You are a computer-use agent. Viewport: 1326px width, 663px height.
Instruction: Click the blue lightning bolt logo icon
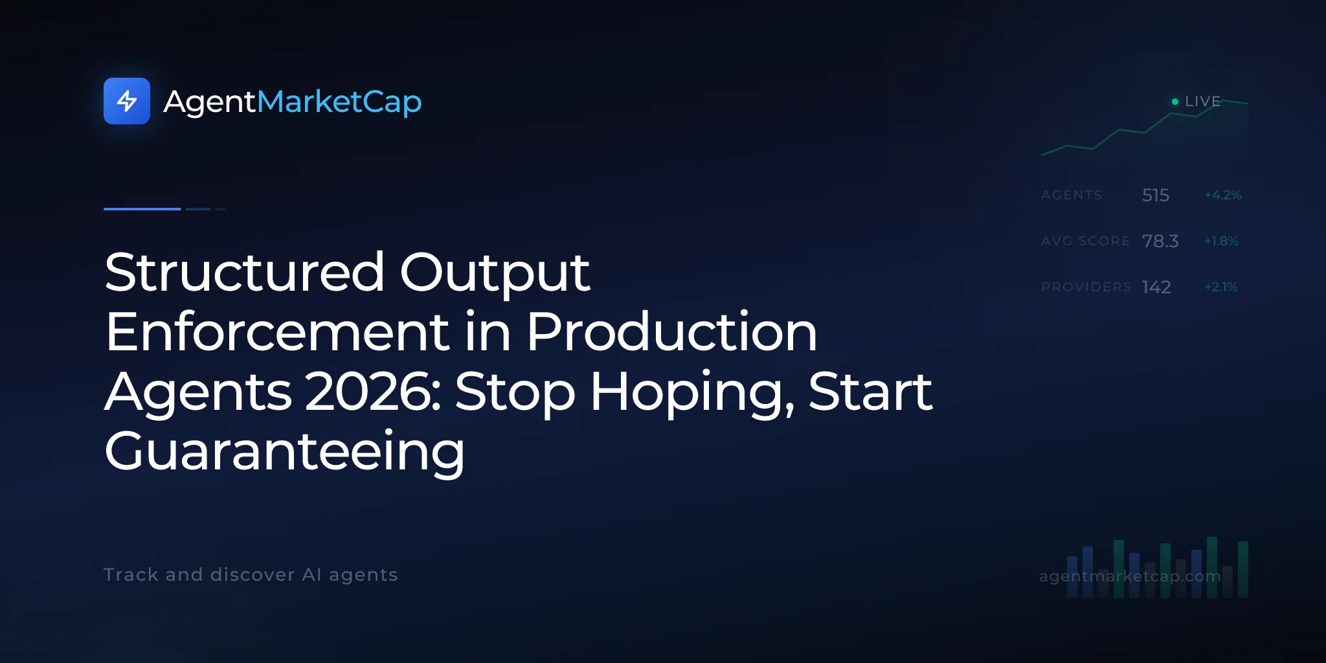127,101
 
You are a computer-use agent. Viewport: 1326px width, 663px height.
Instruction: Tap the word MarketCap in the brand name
339,102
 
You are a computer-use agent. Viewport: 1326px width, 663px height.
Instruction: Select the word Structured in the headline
245,272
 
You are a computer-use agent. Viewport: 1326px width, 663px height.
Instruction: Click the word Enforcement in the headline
277,331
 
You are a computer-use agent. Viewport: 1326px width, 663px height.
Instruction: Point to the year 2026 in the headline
373,391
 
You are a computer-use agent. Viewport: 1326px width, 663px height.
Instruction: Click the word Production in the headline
672,331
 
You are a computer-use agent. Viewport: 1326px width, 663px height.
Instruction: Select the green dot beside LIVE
1175,102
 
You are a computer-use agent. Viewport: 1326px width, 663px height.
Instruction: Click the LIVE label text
1202,102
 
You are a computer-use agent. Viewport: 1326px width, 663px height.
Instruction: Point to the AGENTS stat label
1072,195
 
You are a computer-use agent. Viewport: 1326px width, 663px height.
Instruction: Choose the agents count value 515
1156,195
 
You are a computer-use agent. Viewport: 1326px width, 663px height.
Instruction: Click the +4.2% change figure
1223,195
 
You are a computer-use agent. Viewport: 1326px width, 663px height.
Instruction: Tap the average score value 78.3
1160,241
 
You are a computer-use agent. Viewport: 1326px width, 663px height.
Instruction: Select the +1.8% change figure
1221,241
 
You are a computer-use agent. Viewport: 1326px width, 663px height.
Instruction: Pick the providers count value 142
1156,287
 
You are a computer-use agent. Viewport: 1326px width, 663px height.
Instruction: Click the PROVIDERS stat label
1086,287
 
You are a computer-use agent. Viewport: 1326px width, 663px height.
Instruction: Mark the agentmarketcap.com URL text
1130,576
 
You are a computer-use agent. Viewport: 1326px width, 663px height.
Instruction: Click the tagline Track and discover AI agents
251,575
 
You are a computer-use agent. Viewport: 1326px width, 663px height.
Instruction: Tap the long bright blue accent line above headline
142,209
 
